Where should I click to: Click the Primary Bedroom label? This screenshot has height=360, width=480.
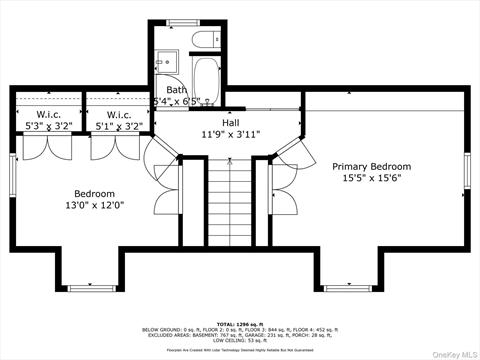(371, 166)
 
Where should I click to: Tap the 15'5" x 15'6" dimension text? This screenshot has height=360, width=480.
(371, 179)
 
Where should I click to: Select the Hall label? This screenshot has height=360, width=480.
(232, 121)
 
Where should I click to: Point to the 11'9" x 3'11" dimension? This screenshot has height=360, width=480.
(232, 133)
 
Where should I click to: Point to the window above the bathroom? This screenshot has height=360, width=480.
(183, 22)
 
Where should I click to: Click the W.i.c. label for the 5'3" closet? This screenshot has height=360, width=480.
(42, 114)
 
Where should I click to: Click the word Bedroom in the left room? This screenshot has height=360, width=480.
(94, 193)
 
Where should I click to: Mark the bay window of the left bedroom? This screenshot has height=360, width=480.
(94, 287)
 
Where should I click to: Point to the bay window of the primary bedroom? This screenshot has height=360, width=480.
(351, 287)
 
